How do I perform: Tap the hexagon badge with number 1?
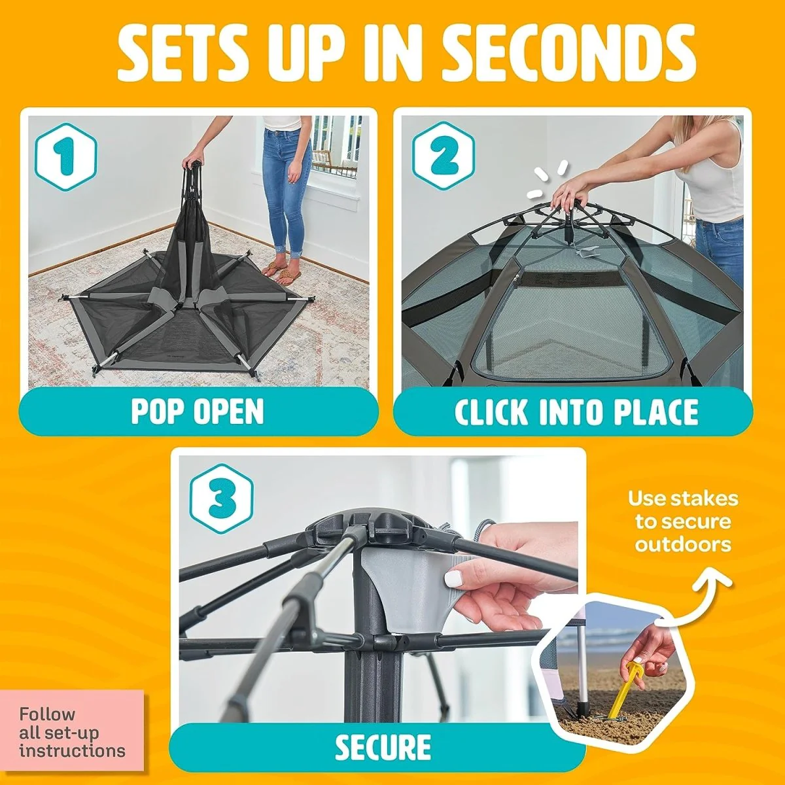tap(66, 157)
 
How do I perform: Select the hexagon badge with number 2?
tap(444, 157)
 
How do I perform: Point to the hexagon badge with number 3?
tap(222, 499)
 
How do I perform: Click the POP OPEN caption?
tap(198, 411)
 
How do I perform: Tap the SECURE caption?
tap(383, 746)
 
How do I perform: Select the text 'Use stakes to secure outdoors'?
tap(683, 521)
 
